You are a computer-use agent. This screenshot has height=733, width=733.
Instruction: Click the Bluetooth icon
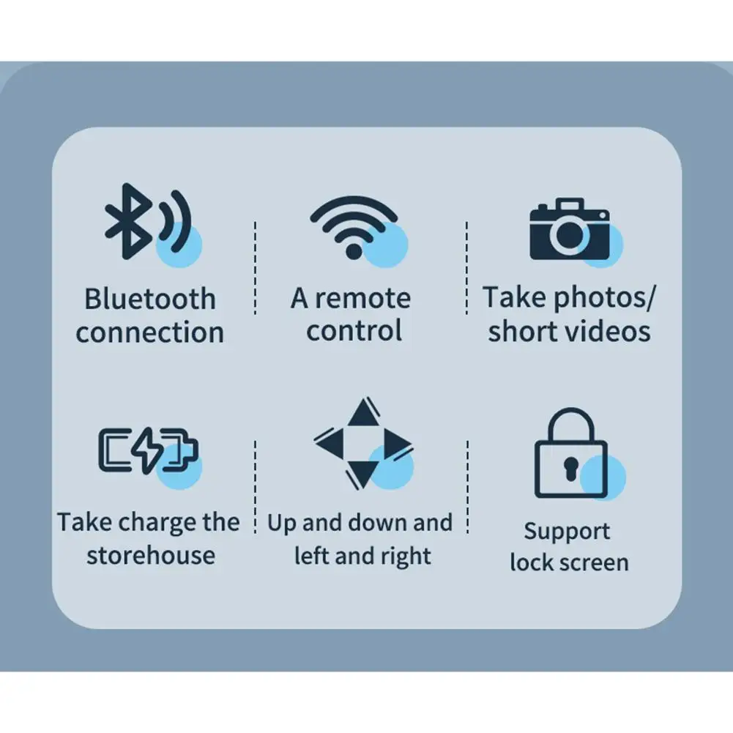point(146,222)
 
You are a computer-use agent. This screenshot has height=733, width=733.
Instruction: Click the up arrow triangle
point(362,414)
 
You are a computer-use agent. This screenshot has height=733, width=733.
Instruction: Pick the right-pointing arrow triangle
point(396,442)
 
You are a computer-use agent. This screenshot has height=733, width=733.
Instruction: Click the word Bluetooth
point(149,299)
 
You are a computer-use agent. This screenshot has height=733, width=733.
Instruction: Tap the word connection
point(149,332)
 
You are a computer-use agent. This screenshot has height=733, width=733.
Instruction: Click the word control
point(354,331)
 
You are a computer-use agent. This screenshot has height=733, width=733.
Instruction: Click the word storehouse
point(150,555)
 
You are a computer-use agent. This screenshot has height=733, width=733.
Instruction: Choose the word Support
point(567,531)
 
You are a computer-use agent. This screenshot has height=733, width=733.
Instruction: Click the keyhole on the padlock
point(570,466)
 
